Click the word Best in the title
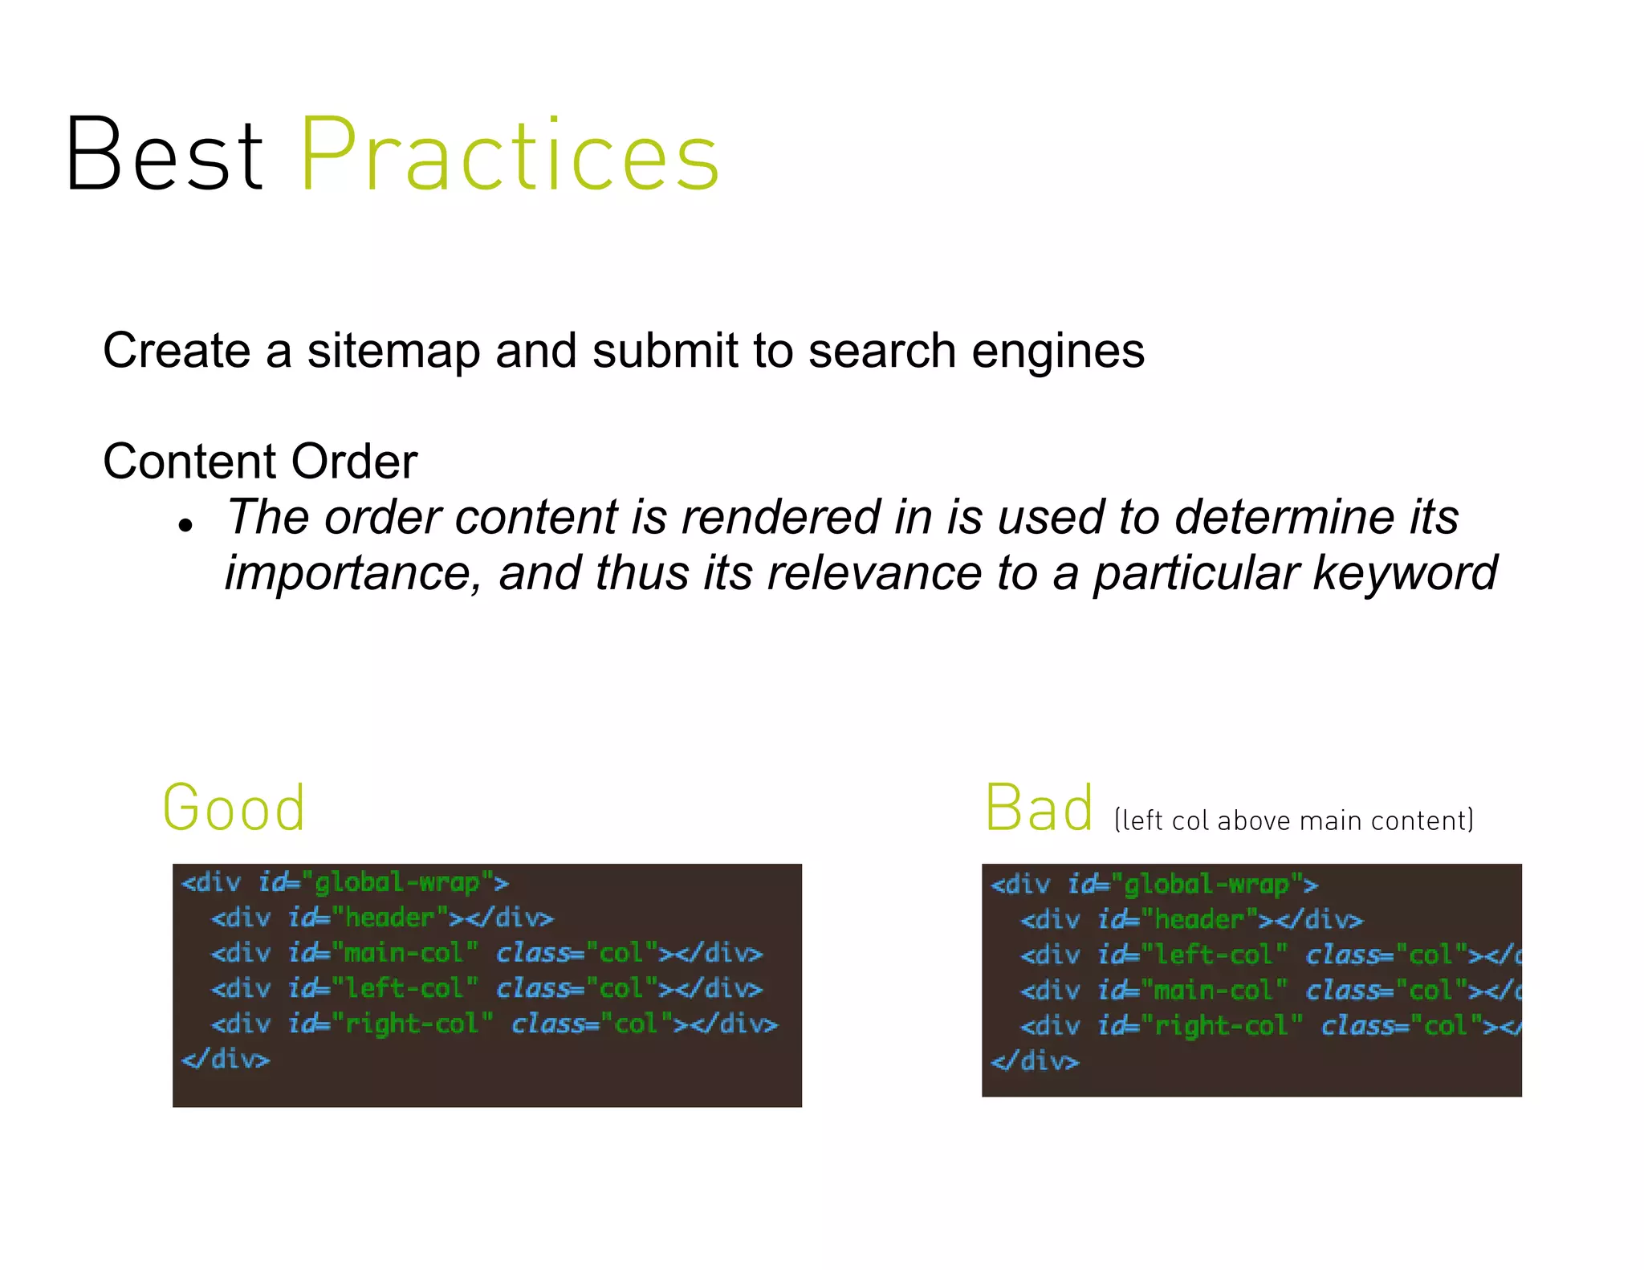(165, 154)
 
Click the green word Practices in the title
(509, 154)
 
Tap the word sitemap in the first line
(393, 352)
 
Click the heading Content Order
(260, 462)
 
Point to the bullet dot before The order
(186, 526)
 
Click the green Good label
(234, 808)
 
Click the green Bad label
(1039, 808)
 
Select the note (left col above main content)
(1293, 820)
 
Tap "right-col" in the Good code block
(413, 1024)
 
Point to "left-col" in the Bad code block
(1214, 955)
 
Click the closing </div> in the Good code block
(226, 1060)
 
